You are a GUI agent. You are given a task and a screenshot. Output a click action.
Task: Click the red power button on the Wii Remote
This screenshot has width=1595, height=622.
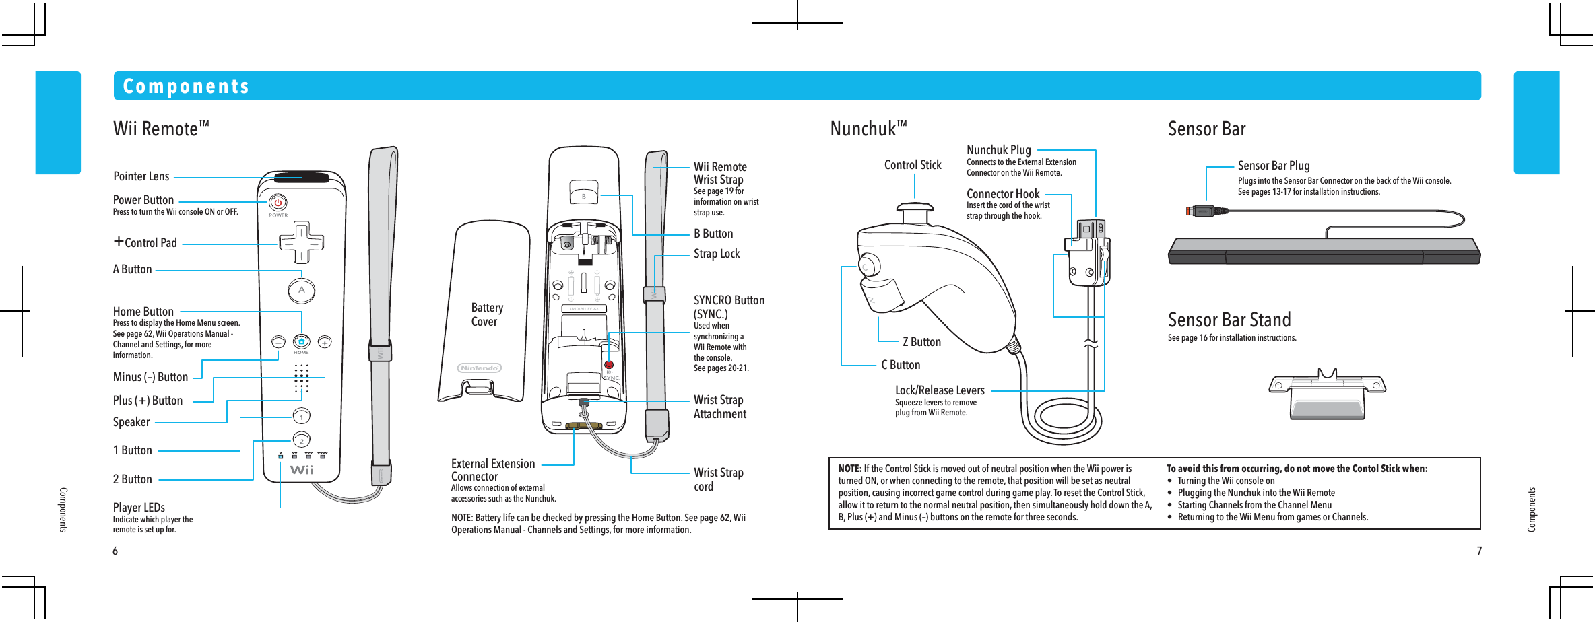click(278, 202)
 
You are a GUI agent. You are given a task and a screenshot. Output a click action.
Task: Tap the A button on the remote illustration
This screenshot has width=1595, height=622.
click(302, 290)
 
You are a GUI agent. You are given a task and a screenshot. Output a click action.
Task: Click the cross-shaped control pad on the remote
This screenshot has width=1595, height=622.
click(301, 242)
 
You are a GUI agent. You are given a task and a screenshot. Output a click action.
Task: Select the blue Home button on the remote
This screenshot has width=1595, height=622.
click(301, 341)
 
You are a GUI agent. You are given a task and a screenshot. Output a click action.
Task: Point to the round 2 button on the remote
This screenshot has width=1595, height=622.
click(302, 440)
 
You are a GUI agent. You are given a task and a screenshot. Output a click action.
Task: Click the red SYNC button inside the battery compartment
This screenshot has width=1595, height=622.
click(609, 366)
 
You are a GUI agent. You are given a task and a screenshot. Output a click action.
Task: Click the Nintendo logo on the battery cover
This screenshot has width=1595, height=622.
click(480, 368)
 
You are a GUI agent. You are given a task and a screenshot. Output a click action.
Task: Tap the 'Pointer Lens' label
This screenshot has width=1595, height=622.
click(141, 176)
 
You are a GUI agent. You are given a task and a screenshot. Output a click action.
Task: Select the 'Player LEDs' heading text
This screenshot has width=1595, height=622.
click(139, 508)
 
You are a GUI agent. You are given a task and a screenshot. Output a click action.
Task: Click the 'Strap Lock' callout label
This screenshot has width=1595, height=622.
click(717, 254)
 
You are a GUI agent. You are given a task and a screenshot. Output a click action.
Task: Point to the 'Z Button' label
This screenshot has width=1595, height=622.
click(921, 342)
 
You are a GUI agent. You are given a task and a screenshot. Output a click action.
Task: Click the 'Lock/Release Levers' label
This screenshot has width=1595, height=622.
click(940, 390)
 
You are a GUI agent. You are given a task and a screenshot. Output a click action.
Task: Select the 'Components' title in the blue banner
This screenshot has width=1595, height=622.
click(186, 86)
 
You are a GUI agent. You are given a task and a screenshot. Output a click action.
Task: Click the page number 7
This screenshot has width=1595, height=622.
click(1479, 551)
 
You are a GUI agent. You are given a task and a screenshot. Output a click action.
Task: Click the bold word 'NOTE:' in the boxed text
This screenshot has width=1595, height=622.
click(849, 469)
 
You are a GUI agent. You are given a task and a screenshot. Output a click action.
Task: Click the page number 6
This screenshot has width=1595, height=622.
click(115, 551)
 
